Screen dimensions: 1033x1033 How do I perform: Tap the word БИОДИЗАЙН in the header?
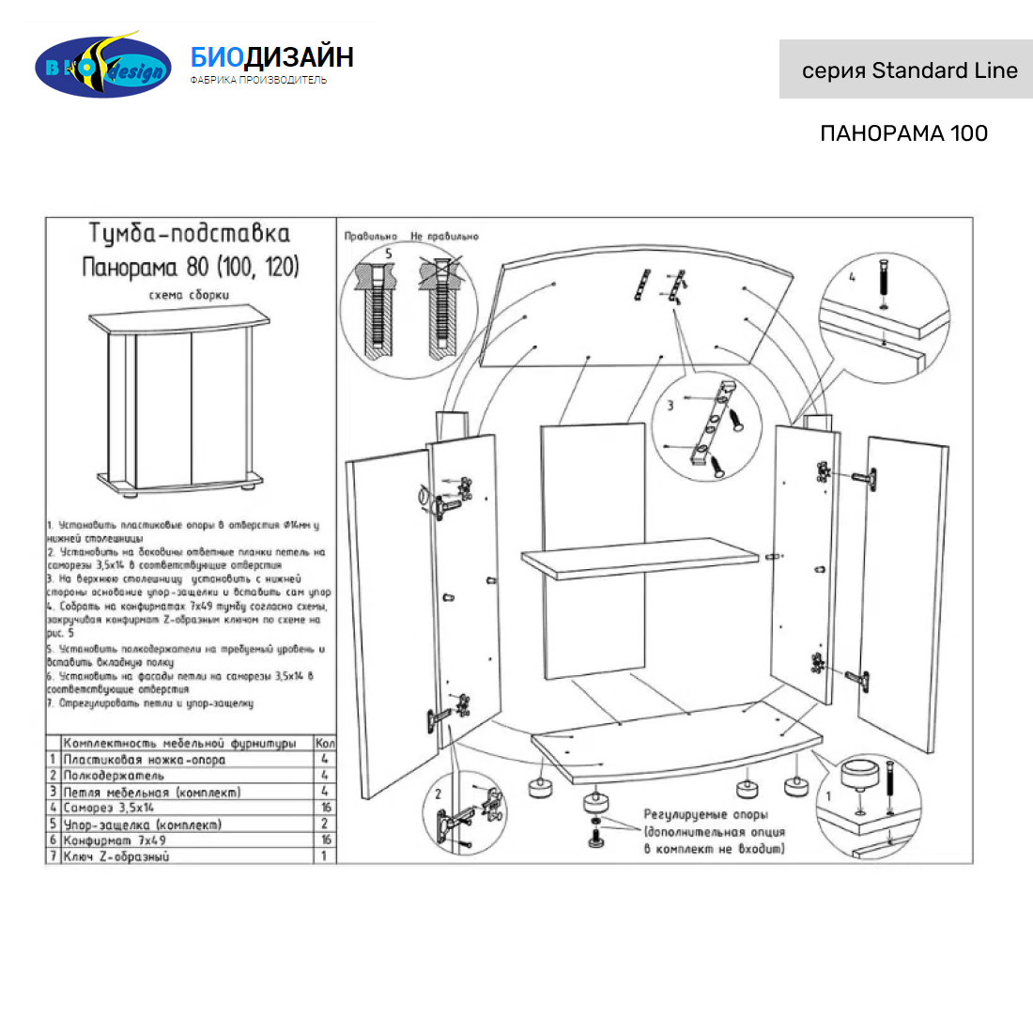[x=271, y=57]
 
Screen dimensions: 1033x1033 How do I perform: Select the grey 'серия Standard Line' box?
[x=905, y=69]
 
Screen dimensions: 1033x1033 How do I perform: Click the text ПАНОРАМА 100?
[x=903, y=133]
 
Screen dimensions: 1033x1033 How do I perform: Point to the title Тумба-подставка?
[x=190, y=234]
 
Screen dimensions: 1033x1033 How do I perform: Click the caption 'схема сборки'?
[x=189, y=295]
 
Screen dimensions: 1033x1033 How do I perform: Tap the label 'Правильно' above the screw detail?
[x=370, y=237]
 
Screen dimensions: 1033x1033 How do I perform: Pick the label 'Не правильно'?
[x=444, y=237]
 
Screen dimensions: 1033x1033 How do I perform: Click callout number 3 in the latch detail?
[x=671, y=406]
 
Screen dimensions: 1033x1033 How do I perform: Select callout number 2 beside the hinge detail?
[x=438, y=794]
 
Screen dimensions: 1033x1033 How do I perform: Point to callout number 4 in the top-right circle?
[x=852, y=277]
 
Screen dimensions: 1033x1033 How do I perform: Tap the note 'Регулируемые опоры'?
[x=705, y=814]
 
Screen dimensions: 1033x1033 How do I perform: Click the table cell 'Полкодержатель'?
[x=114, y=776]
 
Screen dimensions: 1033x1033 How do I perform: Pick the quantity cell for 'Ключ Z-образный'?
[x=325, y=856]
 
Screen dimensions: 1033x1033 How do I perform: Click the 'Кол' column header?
[x=325, y=743]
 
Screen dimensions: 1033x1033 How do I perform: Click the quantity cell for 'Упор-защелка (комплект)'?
[x=325, y=824]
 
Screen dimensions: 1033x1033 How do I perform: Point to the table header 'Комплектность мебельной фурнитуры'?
[x=179, y=744]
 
